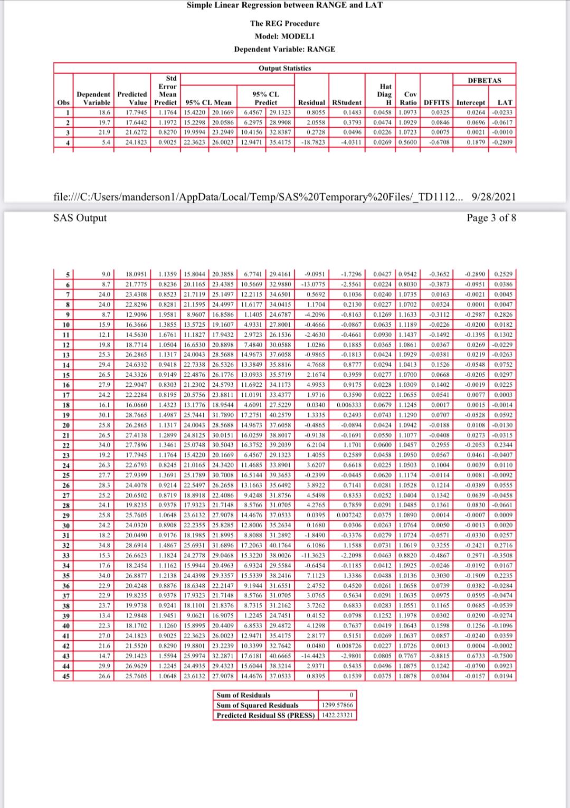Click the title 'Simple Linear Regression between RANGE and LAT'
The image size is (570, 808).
pyautogui.click(x=284, y=5)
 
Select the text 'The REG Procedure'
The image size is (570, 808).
pyautogui.click(x=284, y=24)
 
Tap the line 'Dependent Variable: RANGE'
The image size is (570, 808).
pyautogui.click(x=284, y=49)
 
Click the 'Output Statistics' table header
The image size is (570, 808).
pyautogui.click(x=284, y=68)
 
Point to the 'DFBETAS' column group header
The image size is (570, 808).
pyautogui.click(x=484, y=80)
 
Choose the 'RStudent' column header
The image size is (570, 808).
pyautogui.click(x=346, y=102)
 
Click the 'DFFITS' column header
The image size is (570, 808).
pyautogui.click(x=436, y=102)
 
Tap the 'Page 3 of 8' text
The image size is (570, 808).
pyautogui.click(x=491, y=218)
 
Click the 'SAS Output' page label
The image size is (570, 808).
pyautogui.click(x=80, y=218)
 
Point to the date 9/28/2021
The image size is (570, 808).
pyautogui.click(x=493, y=197)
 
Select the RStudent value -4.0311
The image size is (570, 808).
pyautogui.click(x=350, y=142)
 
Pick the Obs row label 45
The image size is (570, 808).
pyautogui.click(x=66, y=676)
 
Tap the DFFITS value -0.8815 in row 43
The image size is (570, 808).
pyautogui.click(x=439, y=656)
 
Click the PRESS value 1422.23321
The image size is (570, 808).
pyautogui.click(x=338, y=716)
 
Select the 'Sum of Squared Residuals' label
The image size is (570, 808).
pyautogui.click(x=258, y=706)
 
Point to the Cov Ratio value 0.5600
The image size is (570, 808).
pyautogui.click(x=408, y=142)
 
